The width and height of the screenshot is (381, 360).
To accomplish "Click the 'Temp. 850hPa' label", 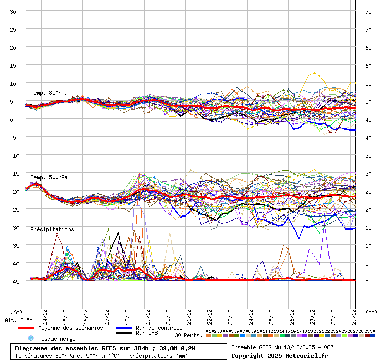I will pos(46,93).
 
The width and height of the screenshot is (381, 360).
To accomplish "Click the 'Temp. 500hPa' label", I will pos(46,177).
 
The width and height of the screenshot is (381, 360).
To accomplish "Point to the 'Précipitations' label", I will pos(52,229).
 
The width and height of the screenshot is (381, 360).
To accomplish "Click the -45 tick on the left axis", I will pos(13,281).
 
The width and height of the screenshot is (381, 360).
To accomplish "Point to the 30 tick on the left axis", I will pos(13,11).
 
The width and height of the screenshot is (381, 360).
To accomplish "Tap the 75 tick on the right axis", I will pos(368,11).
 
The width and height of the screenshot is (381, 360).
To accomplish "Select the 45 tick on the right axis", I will pos(368,119).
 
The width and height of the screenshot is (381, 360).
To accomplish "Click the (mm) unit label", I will pos(371,312).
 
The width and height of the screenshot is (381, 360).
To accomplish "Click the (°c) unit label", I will pos(16,312).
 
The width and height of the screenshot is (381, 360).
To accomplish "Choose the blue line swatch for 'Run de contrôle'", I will pos(124,328).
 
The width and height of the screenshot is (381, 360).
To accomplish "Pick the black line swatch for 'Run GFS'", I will pos(124,333).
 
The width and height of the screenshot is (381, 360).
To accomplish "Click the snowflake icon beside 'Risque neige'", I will pos(31,338).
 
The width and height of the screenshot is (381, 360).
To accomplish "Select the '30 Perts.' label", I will pos(188,335).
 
